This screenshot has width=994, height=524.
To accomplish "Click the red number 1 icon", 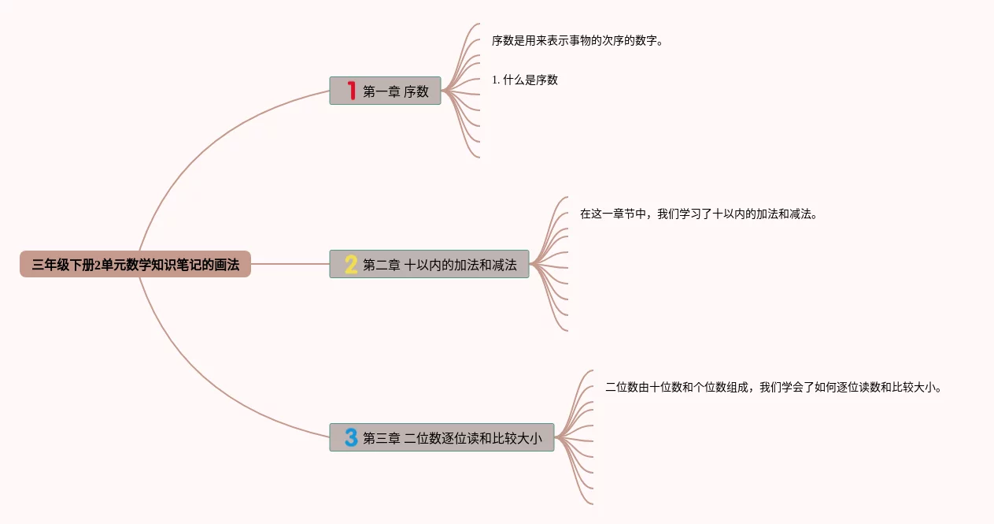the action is (352, 91).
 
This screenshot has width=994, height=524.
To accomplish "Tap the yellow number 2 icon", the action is (351, 265).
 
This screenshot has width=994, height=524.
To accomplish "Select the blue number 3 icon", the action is (351, 437).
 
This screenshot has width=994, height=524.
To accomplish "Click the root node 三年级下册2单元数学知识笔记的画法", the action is (135, 265).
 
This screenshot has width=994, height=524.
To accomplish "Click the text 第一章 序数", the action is (396, 91).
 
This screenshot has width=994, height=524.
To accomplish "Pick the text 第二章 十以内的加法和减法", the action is (440, 265).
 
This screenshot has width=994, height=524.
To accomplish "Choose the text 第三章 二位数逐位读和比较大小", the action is (453, 438).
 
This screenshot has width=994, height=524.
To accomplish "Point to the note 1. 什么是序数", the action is (525, 80).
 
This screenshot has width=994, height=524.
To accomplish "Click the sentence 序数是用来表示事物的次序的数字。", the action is (578, 40).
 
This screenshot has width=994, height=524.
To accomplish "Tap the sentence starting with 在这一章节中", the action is (699, 214).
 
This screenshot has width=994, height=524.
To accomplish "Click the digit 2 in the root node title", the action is (98, 266).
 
